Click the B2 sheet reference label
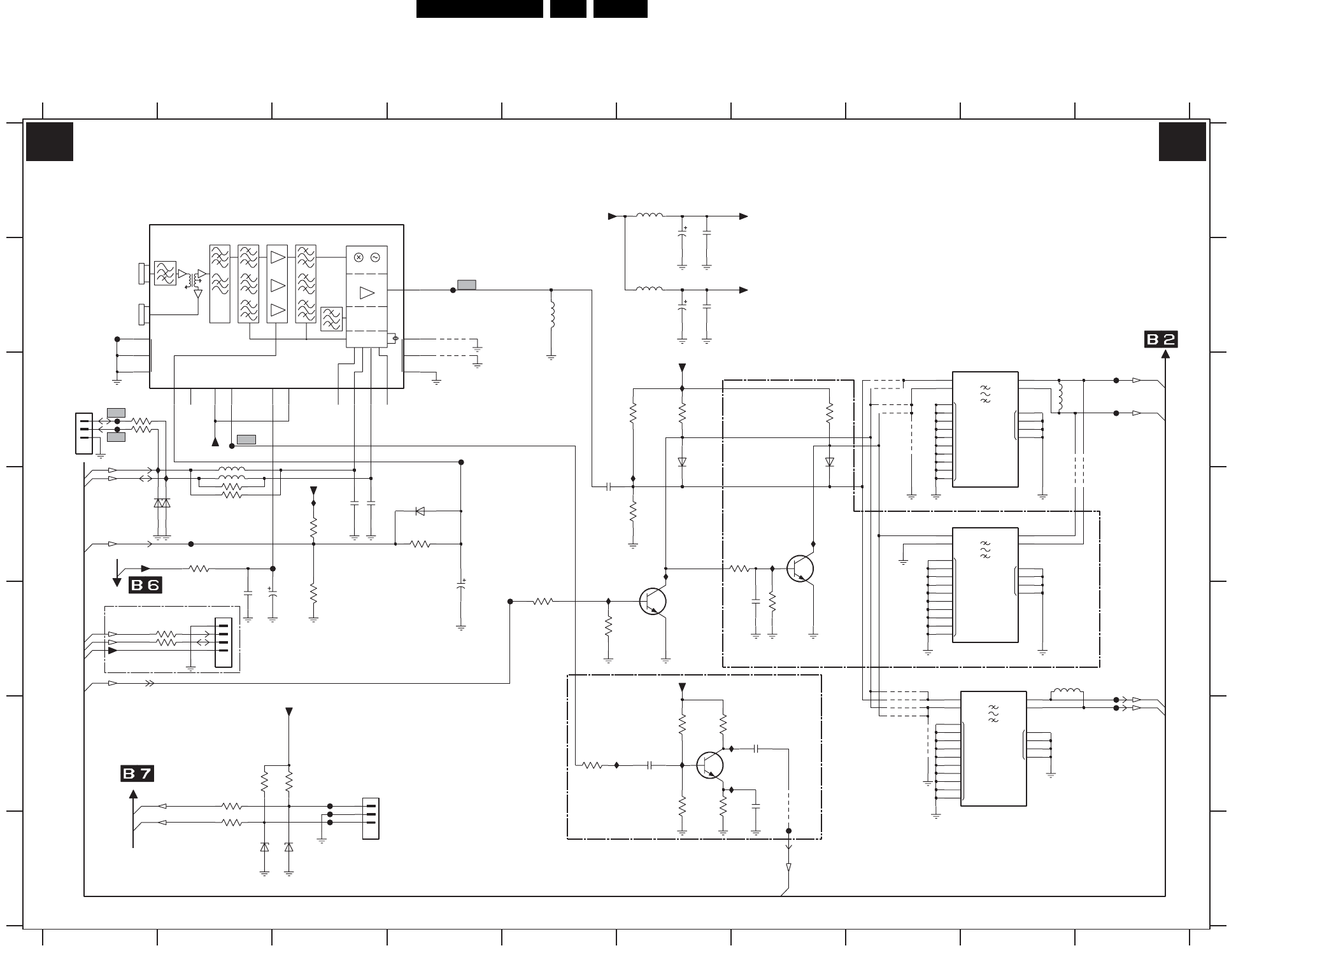coord(1161,340)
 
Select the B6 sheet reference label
coord(145,585)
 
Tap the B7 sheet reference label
coord(138,774)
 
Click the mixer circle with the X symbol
coord(359,257)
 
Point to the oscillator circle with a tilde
coord(375,257)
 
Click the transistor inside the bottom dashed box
coord(710,765)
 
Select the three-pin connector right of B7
coord(371,818)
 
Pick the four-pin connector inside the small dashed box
coord(224,642)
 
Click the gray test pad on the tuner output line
coord(467,285)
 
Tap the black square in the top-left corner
coord(50,141)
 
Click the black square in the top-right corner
coord(1183,141)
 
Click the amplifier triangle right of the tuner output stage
coord(367,293)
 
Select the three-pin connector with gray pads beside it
coord(83,434)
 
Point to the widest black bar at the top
coord(480,9)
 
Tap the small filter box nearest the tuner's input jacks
coord(165,272)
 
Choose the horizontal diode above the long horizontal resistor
coord(420,511)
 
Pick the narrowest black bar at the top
coord(568,9)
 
